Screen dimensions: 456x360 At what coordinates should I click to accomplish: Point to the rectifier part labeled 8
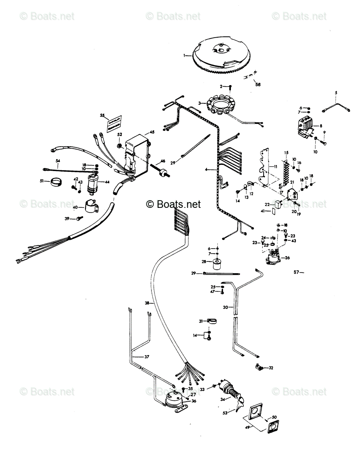(305, 127)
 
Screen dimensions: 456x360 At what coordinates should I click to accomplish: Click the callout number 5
(336, 93)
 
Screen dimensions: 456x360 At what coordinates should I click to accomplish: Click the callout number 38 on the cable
(147, 303)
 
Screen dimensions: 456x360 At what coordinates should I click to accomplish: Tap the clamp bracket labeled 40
(91, 206)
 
